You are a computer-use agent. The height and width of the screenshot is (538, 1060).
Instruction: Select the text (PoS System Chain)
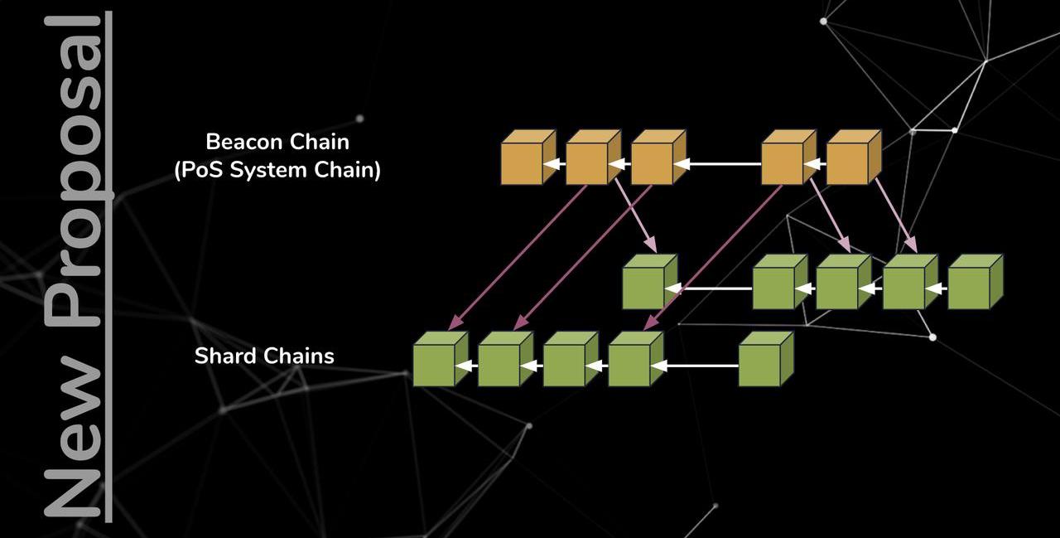277,172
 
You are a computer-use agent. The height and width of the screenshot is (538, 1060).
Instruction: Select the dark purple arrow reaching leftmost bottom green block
518,257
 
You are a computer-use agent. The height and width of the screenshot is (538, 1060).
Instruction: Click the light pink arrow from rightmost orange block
896,216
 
